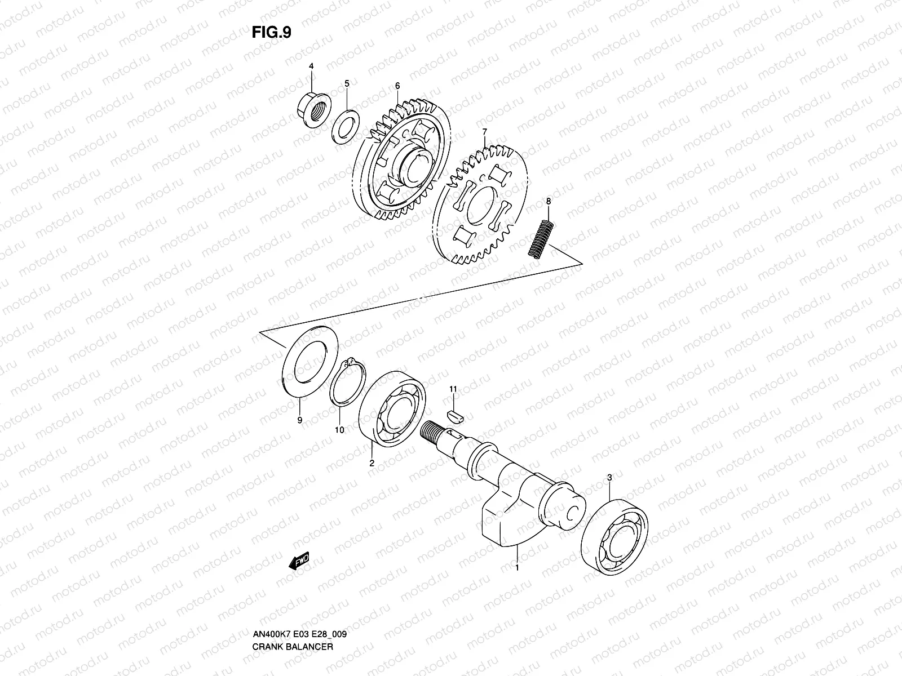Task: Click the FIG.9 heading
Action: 272,32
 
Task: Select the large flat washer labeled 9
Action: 309,361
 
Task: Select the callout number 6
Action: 397,86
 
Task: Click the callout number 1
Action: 517,568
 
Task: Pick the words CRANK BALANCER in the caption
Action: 293,615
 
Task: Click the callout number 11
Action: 453,389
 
